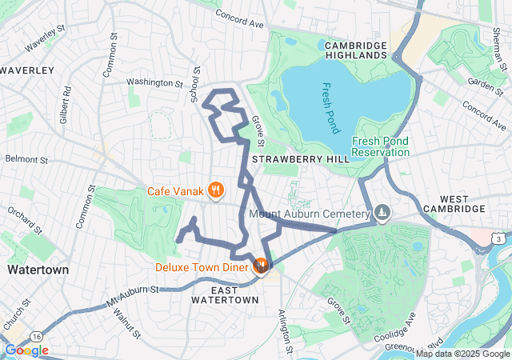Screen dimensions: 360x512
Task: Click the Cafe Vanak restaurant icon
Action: (215, 190)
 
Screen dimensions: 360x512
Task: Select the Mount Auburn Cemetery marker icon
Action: (382, 214)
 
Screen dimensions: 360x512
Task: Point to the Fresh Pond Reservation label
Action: (381, 146)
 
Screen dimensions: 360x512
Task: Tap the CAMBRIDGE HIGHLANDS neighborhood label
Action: (356, 51)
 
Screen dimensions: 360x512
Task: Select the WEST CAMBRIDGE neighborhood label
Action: (462, 203)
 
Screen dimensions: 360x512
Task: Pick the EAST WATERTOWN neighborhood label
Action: (225, 294)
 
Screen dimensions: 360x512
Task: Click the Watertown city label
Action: (37, 270)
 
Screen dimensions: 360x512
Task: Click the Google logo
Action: (26, 350)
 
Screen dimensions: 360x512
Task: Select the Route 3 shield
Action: (498, 238)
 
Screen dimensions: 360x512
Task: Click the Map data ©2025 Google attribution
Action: (462, 354)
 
